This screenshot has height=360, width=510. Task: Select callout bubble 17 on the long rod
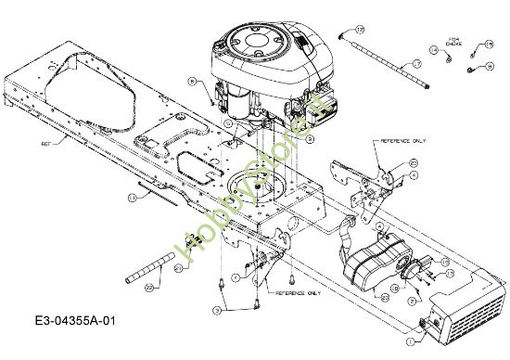click(417, 63)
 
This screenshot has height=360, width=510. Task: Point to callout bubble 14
click(433, 48)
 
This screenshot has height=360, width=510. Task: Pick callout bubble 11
click(132, 198)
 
